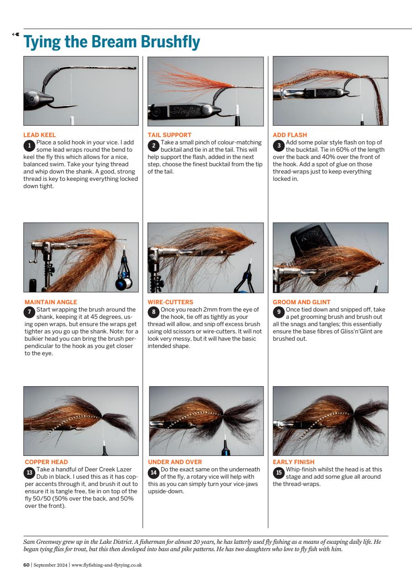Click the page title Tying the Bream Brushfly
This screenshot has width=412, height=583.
point(112,42)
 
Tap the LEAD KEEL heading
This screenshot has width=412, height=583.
point(40,135)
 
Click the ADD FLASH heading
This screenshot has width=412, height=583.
point(290,135)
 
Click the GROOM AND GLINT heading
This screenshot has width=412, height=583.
point(301,302)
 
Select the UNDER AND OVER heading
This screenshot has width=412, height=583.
point(175,462)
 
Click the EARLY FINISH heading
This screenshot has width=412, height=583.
point(293,462)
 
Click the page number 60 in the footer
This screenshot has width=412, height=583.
point(26,565)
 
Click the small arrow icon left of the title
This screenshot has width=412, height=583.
point(16,34)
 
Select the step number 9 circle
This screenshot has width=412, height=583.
point(279,312)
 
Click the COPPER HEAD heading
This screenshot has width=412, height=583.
point(46,462)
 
